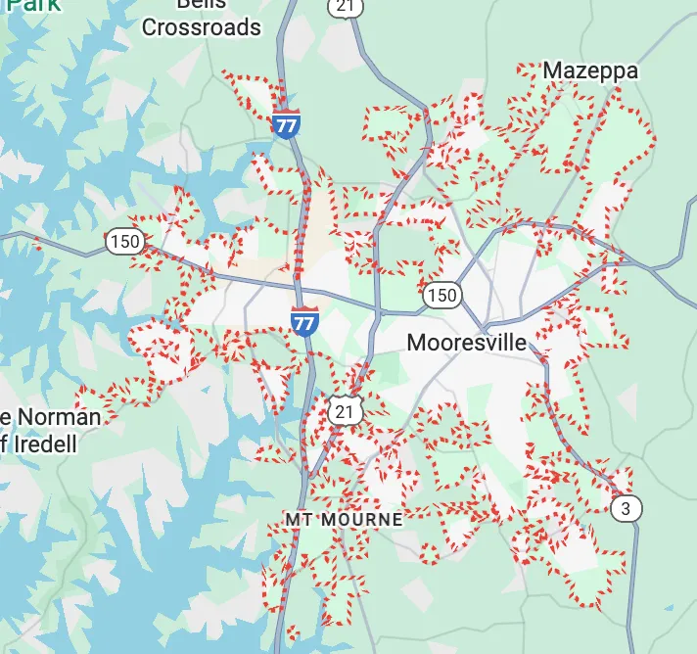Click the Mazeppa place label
[589, 71]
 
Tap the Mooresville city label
[466, 343]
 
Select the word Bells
[202, 4]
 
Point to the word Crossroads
[202, 27]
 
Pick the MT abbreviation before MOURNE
[298, 519]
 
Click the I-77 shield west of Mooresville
[304, 320]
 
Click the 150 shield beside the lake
[125, 241]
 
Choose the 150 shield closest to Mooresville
[441, 295]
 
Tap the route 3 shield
[626, 507]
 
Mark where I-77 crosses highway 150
[302, 287]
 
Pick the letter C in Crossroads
[151, 27]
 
